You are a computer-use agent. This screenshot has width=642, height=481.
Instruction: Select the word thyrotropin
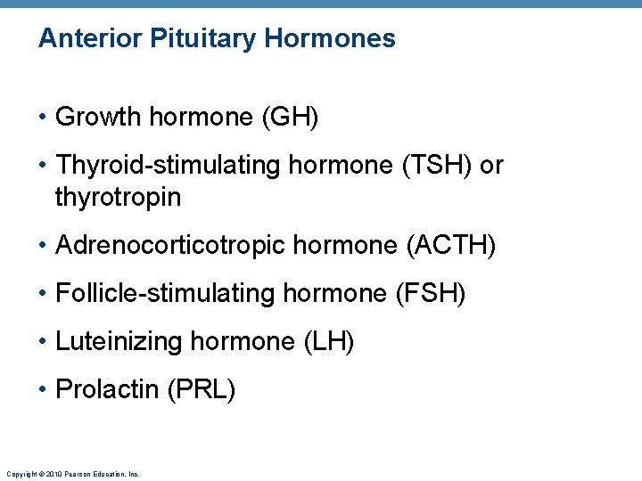pyautogui.click(x=118, y=197)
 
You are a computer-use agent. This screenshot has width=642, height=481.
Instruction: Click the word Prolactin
pyautogui.click(x=107, y=389)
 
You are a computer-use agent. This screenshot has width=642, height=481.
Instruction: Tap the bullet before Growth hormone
pyautogui.click(x=43, y=118)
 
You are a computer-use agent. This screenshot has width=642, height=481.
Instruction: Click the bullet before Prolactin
pyautogui.click(x=43, y=390)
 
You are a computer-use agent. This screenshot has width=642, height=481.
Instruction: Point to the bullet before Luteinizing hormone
pyautogui.click(x=43, y=342)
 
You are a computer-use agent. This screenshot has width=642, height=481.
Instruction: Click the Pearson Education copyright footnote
pyautogui.click(x=72, y=475)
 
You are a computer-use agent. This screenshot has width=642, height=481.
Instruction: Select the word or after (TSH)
pyautogui.click(x=491, y=166)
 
